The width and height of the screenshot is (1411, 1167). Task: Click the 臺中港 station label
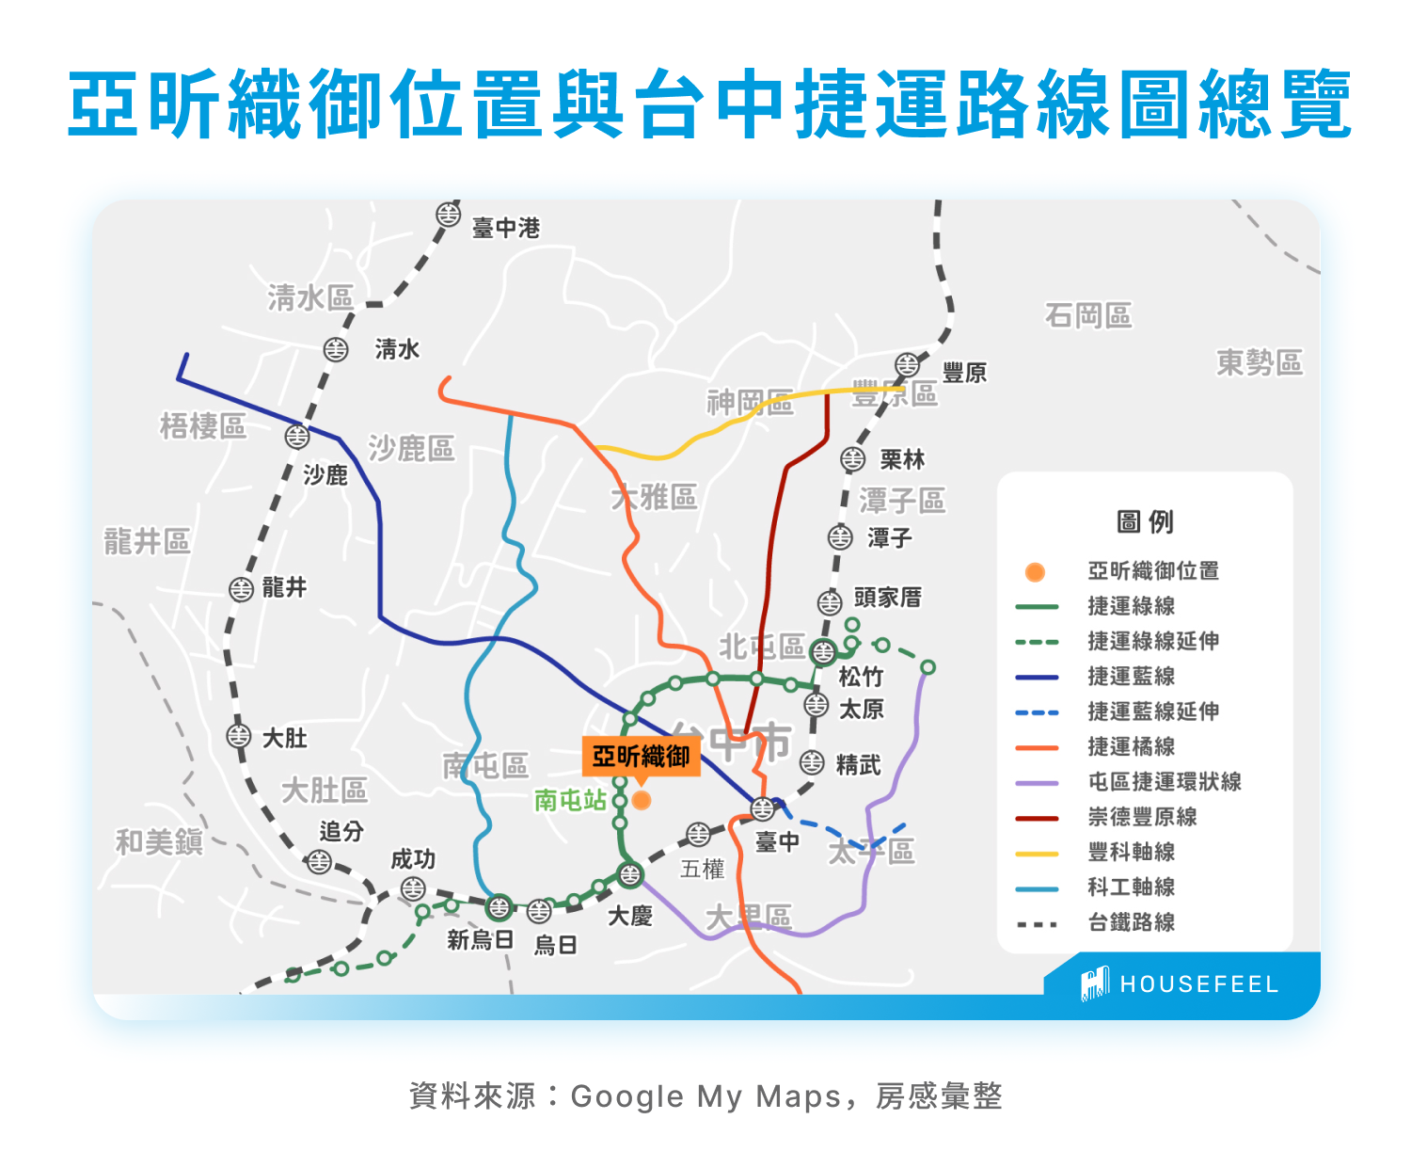(505, 228)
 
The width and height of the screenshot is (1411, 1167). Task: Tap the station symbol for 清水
(336, 349)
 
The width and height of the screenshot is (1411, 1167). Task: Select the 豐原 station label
(964, 373)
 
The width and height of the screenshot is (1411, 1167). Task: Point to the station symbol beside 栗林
(852, 459)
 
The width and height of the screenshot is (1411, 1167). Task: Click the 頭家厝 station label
(887, 598)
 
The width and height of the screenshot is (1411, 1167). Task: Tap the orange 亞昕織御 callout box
(642, 756)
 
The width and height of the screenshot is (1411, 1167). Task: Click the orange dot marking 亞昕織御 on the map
(642, 800)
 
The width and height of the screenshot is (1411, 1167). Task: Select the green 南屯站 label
(570, 800)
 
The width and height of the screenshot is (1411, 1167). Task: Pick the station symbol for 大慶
(629, 874)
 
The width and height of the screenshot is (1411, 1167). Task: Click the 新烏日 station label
(480, 939)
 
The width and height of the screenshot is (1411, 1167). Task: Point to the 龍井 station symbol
(242, 589)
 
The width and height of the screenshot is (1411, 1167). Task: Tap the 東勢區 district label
(1260, 362)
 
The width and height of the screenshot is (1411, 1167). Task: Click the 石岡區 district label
(1088, 315)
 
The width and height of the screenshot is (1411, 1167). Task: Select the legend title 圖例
(1145, 521)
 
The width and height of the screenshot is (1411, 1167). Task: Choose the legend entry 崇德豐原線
(1142, 817)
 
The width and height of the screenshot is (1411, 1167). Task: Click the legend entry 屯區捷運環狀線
(1165, 781)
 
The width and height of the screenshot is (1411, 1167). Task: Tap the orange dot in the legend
(1035, 571)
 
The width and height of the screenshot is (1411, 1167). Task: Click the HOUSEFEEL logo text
(1198, 984)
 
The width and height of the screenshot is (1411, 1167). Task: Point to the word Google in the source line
(626, 1096)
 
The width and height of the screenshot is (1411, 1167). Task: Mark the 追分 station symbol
(319, 860)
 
